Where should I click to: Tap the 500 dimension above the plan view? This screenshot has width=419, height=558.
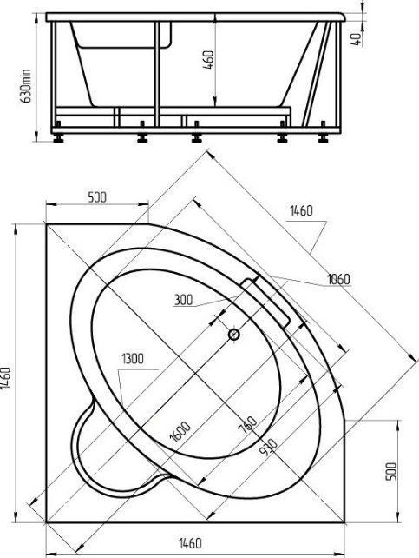click(96, 197)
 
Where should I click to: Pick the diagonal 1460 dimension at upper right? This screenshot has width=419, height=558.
click(300, 211)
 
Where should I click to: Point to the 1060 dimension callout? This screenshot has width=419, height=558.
click(338, 279)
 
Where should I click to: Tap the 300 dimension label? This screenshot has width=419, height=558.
click(182, 300)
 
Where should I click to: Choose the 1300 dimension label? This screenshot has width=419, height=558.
click(133, 358)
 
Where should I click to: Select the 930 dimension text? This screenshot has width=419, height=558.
click(265, 445)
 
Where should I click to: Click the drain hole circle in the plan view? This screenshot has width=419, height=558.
click(234, 334)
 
